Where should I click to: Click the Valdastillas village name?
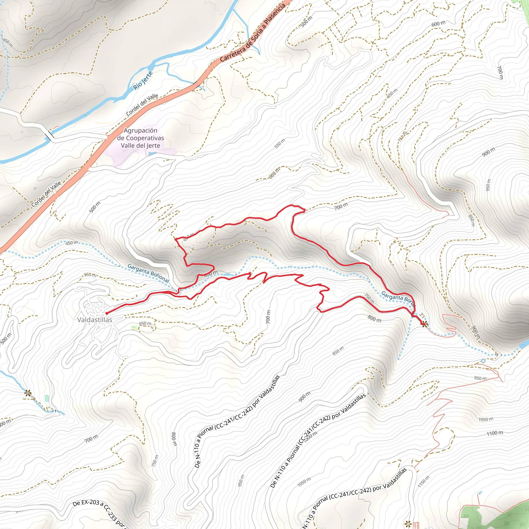coord(95,320)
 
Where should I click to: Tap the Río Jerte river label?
coord(143,81)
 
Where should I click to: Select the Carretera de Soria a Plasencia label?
coord(252,33)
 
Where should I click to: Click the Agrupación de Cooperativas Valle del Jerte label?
coord(141,138)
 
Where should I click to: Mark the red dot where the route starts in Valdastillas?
coord(106,313)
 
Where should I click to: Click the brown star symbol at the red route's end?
coord(424,324)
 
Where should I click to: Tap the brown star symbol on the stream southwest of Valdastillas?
coord(27,393)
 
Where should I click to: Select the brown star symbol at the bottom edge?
coord(408,524)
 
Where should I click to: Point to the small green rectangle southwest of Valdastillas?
coord(47,398)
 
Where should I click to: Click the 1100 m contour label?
coord(495,433)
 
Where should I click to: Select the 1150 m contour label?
coord(424,482)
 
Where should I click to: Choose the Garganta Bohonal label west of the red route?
coord(149,273)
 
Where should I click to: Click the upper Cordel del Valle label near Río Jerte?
coord(142,105)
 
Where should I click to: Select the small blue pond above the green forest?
coord(479,493)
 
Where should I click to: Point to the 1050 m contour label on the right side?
coord(486,419)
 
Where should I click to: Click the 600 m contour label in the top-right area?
coord(438,24)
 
